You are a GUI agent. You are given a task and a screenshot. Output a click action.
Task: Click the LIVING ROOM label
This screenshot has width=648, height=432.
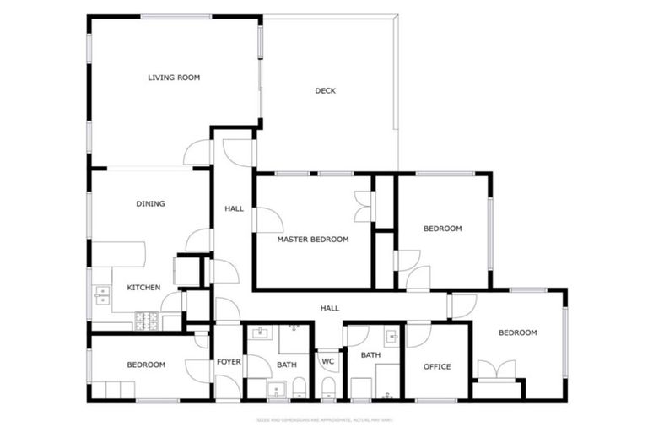click(174, 78)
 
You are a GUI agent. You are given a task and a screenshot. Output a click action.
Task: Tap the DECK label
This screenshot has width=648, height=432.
click(325, 90)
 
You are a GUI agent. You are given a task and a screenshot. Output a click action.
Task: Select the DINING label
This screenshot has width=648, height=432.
click(150, 203)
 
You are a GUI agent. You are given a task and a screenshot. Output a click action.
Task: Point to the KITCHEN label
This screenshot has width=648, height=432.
click(143, 288)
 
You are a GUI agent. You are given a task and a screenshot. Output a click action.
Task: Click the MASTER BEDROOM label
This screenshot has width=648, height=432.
click(312, 240)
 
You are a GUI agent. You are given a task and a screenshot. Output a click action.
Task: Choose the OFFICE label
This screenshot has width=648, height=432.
click(436, 366)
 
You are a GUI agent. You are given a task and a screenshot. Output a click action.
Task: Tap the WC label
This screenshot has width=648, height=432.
click(328, 362)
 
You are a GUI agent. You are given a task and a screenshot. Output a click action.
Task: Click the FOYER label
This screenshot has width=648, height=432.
click(229, 362)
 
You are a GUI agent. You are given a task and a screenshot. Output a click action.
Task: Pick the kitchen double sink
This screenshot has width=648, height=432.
click(102, 294)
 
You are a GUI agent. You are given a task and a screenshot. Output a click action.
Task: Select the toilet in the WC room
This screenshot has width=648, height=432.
click(328, 388)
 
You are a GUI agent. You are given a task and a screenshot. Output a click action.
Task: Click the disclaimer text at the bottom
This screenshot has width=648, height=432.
click(324, 419)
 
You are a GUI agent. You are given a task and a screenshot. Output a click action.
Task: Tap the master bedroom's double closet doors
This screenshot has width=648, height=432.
click(362, 207)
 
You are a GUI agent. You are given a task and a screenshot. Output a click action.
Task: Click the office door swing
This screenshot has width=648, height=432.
click(418, 334)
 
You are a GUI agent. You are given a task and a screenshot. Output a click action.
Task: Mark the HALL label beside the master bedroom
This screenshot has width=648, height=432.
click(234, 208)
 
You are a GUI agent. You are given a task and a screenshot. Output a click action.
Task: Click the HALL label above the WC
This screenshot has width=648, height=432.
click(329, 308)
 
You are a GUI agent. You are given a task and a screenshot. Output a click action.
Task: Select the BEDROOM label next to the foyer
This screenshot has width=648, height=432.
click(145, 364)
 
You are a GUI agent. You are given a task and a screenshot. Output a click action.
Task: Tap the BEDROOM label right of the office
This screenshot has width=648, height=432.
click(517, 332)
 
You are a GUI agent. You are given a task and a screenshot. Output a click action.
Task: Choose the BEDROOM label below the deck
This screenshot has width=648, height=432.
click(442, 229)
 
